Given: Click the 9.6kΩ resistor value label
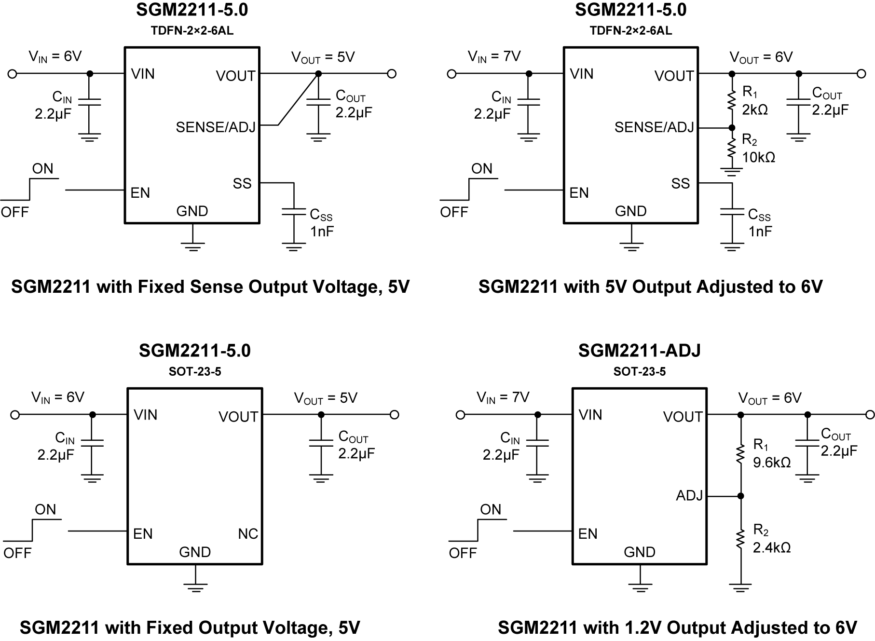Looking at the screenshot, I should pos(772,463).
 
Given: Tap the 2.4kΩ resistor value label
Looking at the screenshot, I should pos(772,547).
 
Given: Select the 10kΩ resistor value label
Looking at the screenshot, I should pos(758,157).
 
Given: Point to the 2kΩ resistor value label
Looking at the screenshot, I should pos(755,110).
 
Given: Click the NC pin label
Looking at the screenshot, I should pos(248,534).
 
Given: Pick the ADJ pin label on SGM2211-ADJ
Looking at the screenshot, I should pos(689,496).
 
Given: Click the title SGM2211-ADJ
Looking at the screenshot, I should pos(639,351).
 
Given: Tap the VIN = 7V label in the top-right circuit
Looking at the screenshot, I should pos(494,57).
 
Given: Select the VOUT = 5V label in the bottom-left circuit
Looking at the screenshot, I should pos(326,398).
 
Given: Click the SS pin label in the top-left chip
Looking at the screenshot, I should pos(242,184).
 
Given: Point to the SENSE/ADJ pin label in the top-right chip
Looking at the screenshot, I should pos(654,127).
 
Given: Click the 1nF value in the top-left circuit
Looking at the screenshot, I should pos(322,232).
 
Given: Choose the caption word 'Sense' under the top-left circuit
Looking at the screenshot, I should pos(217,287).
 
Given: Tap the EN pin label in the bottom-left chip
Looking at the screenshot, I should pos(143,534).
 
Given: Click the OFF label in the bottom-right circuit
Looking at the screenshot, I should pos(463,553).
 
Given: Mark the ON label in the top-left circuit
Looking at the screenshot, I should pos(42,169).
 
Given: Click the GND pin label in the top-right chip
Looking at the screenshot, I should pos(630,211).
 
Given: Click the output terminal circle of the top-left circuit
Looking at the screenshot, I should pos(392,74).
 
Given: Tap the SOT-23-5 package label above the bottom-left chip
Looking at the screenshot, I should pos(195,372).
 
